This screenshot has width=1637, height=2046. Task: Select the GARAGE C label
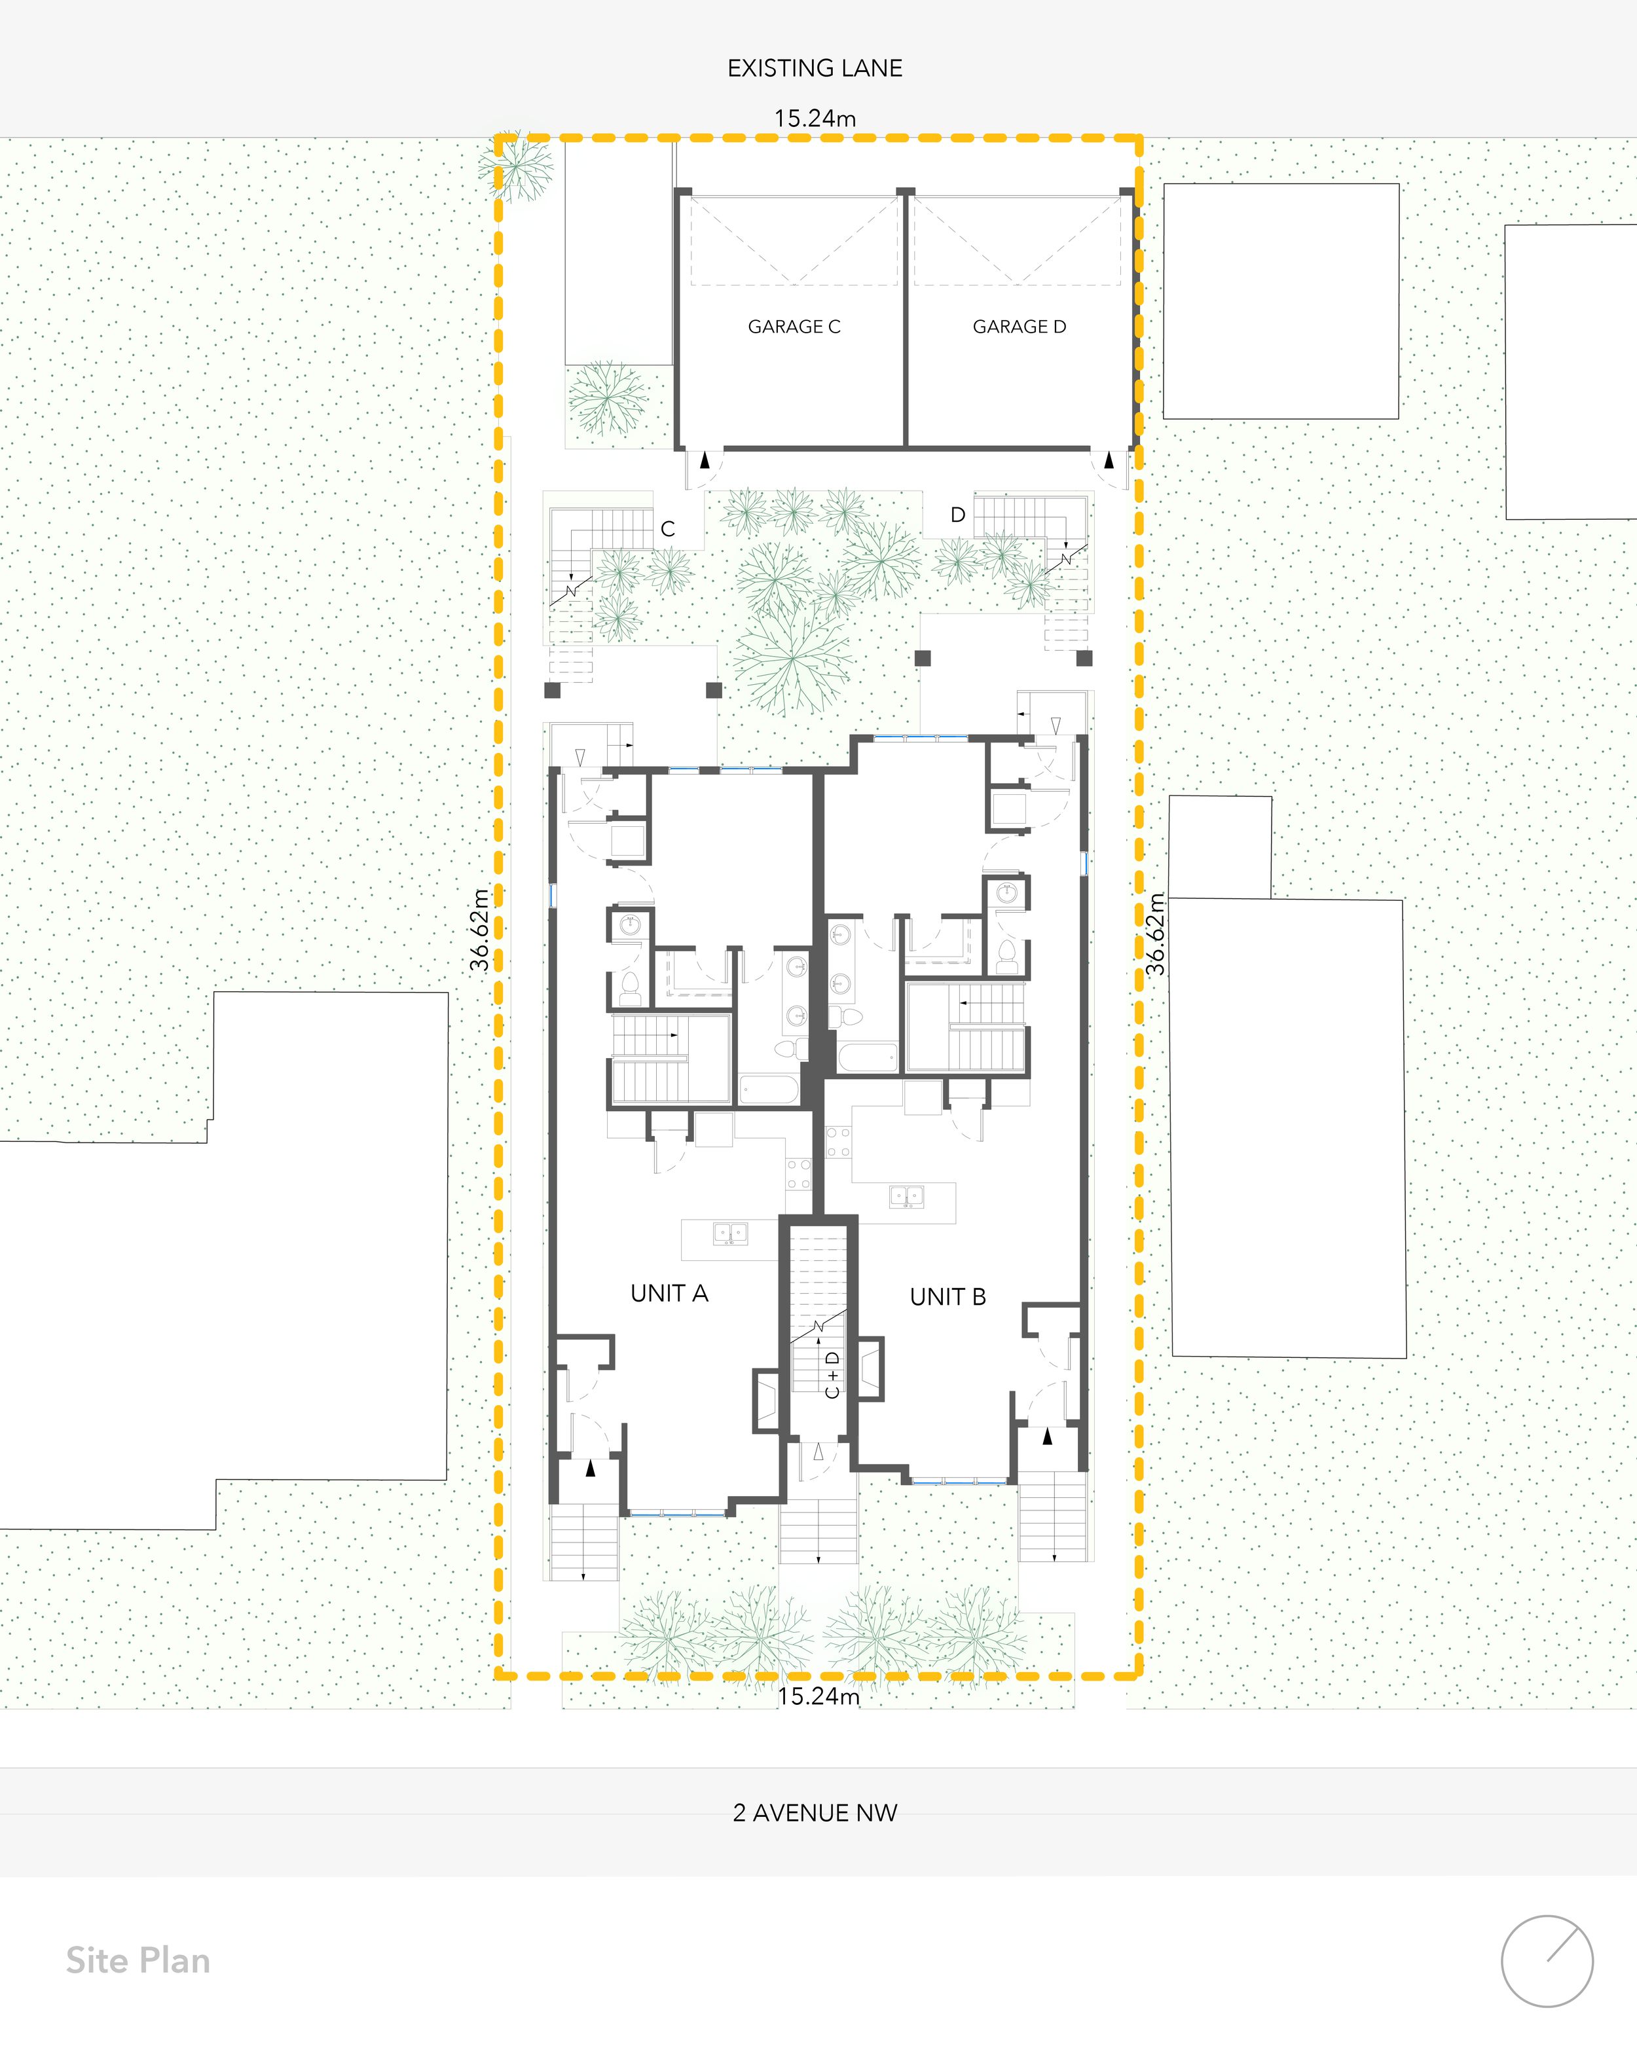[x=794, y=327]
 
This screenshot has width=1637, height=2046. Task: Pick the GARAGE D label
[x=1020, y=327]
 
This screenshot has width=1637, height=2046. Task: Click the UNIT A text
[x=669, y=1294]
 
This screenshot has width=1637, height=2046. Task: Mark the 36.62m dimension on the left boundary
[x=480, y=930]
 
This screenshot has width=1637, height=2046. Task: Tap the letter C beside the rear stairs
[x=668, y=528]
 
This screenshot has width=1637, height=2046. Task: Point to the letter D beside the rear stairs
[x=957, y=515]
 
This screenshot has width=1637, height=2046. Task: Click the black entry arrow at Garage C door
[x=704, y=461]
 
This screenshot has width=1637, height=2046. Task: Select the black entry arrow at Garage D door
[x=1109, y=461]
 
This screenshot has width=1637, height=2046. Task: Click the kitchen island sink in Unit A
[x=729, y=1233]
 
